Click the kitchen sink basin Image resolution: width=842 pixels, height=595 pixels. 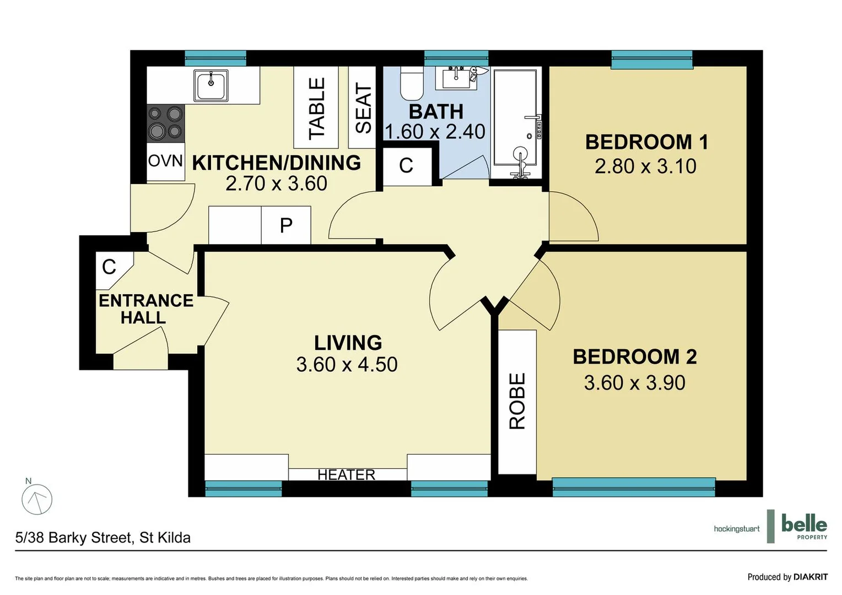point(211,85)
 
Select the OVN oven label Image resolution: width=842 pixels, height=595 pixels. point(165,161)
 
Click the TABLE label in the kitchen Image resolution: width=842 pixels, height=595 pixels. point(316,108)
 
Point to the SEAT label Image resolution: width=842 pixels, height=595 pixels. point(363,108)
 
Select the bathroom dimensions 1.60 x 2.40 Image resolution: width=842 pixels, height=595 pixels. point(435,132)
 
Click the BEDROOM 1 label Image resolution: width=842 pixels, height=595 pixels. point(646,142)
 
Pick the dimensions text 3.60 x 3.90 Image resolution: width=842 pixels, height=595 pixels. point(634,383)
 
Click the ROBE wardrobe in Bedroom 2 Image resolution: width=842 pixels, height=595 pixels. point(517,401)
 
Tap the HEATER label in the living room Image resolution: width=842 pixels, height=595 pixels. point(346,474)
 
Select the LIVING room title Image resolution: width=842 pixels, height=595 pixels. point(348,343)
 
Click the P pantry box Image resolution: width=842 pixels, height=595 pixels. point(286,225)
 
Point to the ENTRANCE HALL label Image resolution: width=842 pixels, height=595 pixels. point(145,309)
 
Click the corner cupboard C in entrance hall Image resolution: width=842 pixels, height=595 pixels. point(110,267)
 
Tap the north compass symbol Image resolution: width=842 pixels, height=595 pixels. point(37,499)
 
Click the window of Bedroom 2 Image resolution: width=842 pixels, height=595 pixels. point(634,487)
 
